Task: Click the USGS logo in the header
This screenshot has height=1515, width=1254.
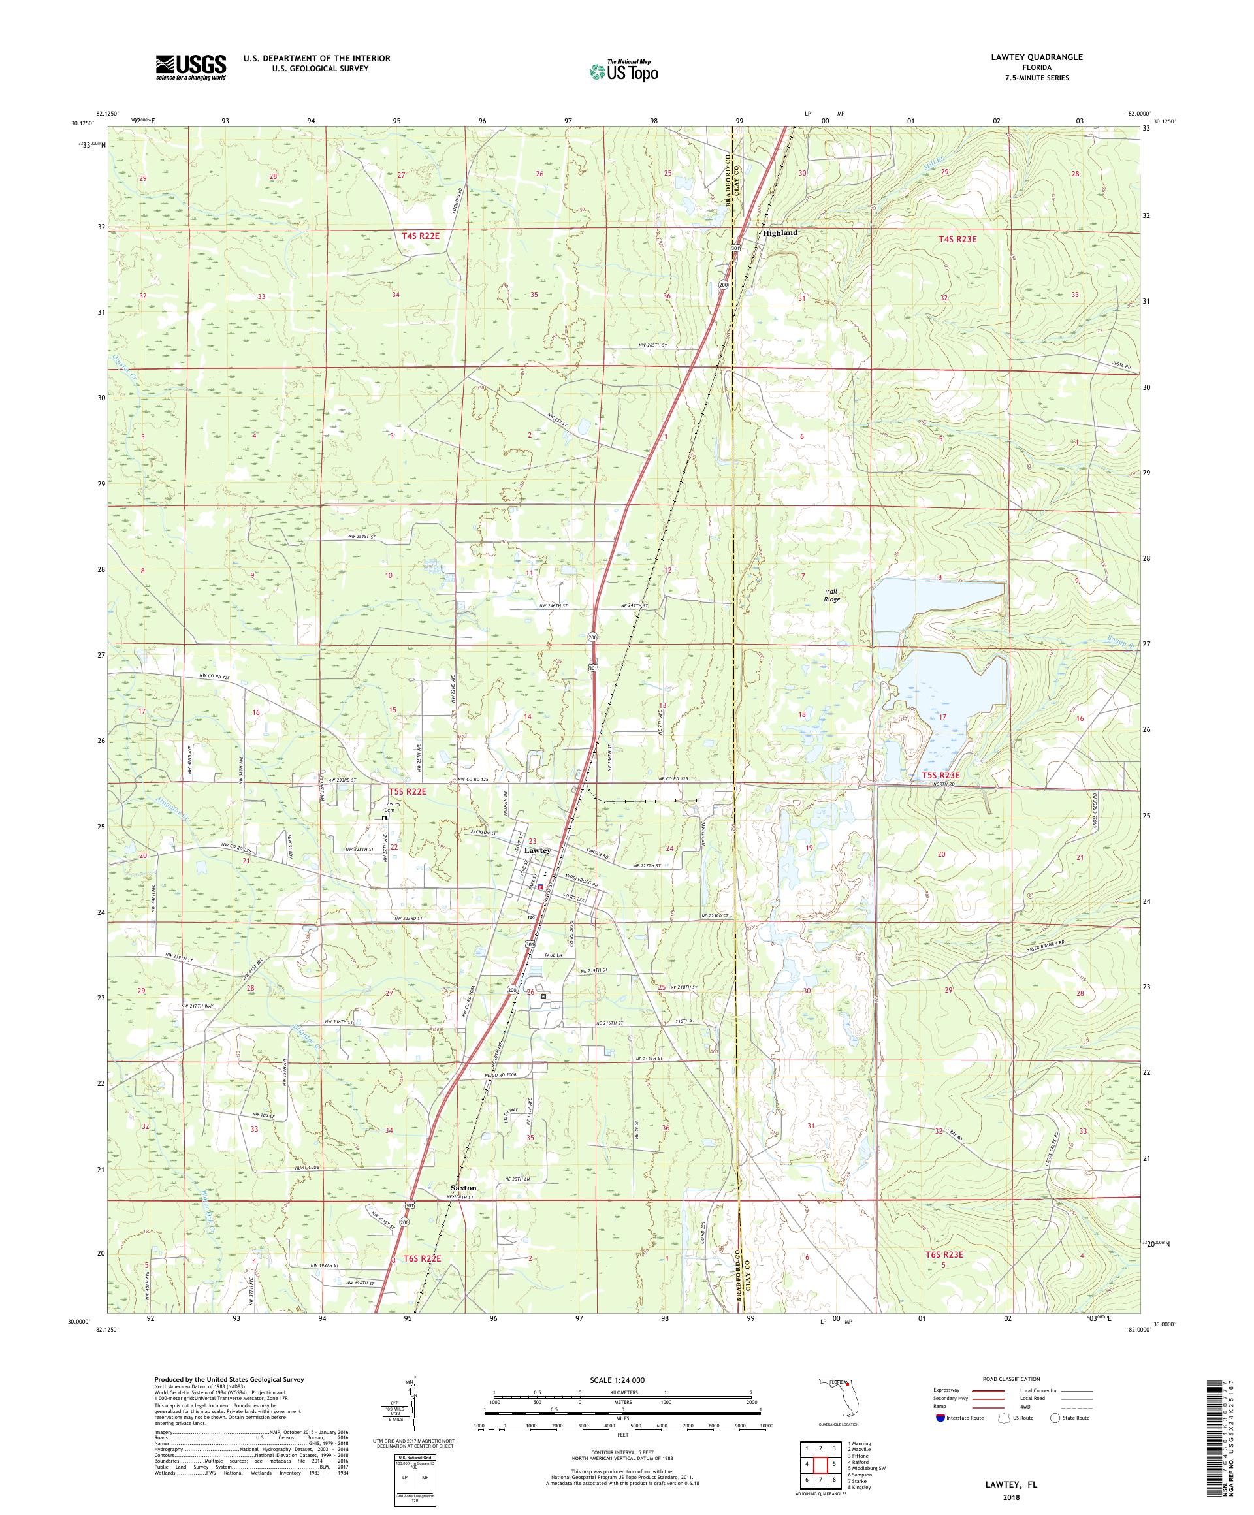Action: [191, 67]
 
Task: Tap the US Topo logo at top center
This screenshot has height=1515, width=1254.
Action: [624, 70]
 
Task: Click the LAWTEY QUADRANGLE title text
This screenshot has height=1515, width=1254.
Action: [1043, 57]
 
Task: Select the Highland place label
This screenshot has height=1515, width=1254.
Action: [780, 233]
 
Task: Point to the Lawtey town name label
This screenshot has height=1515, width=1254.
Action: [537, 851]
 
